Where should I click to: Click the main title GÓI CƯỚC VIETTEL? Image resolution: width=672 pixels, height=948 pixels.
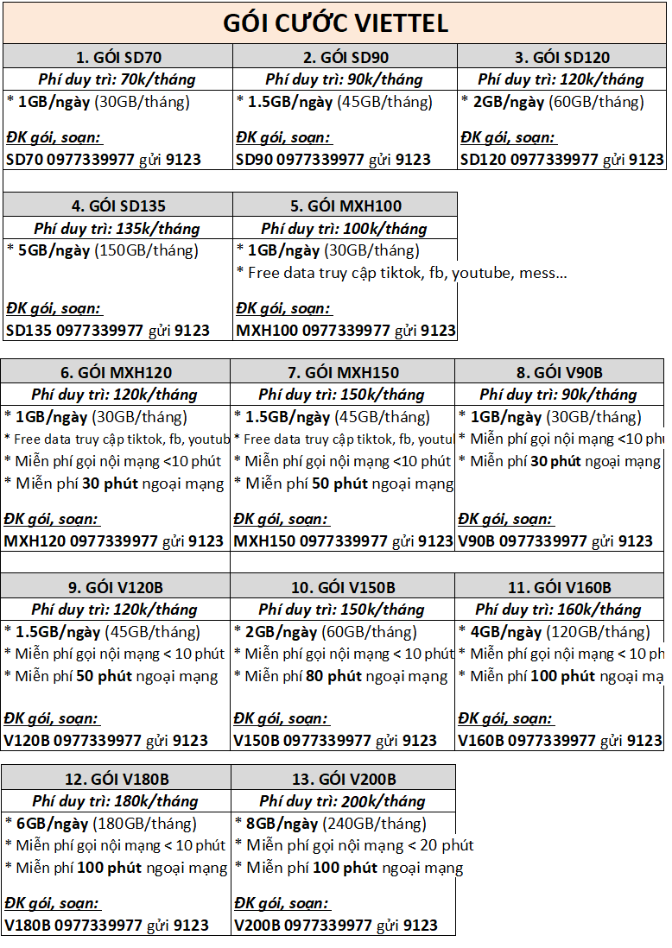336,22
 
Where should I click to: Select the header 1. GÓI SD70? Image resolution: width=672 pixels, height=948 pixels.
117,58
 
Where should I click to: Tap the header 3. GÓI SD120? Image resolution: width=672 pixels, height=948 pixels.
561,58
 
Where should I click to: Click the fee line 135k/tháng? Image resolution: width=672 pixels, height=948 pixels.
117,229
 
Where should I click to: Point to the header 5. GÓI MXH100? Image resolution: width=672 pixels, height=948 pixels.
346,206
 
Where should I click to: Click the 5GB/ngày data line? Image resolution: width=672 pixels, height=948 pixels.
102,251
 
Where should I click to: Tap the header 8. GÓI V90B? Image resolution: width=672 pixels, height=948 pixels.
559,373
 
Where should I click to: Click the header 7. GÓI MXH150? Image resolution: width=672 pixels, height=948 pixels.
343,373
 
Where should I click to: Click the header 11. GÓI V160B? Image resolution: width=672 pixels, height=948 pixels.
559,588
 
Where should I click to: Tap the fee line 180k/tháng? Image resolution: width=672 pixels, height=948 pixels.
115,801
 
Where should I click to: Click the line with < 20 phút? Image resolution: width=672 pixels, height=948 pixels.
354,845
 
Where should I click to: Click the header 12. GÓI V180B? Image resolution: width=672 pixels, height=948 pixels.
116,780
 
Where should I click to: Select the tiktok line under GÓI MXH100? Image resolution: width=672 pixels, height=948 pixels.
402,274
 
